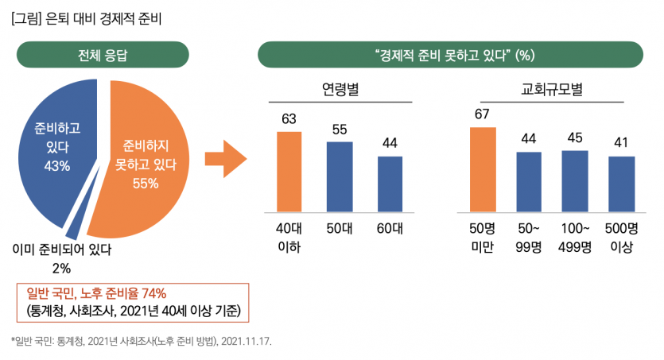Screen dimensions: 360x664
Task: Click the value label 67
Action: [x=482, y=114]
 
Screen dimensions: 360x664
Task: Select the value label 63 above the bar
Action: [x=289, y=119]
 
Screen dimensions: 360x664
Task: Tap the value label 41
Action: [x=621, y=142]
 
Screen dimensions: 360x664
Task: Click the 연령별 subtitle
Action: [x=340, y=89]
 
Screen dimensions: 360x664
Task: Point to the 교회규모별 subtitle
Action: [x=552, y=89]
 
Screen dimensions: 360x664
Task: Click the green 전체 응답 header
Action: [x=103, y=56]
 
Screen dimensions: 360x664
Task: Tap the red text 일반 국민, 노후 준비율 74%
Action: [x=96, y=292]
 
